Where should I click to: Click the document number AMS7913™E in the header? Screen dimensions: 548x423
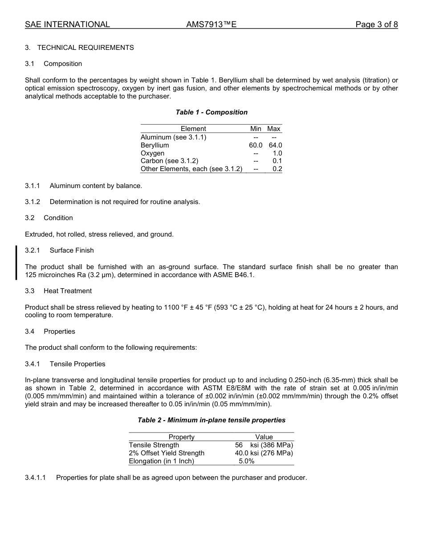(x=211, y=25)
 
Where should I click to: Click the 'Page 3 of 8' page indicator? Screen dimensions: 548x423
(x=376, y=25)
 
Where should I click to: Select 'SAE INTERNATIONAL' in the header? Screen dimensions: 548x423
(x=67, y=25)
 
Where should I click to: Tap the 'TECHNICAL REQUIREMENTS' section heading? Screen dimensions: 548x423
(x=85, y=48)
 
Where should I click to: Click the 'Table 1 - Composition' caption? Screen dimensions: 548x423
(x=211, y=112)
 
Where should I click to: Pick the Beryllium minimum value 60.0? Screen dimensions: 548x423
(x=256, y=145)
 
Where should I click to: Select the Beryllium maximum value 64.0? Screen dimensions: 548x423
(x=275, y=145)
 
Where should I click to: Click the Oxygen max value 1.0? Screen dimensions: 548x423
(x=277, y=153)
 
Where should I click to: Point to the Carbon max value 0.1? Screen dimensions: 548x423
(x=277, y=161)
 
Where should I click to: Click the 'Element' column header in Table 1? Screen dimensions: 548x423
(x=193, y=129)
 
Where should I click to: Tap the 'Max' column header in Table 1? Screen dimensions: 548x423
(x=274, y=129)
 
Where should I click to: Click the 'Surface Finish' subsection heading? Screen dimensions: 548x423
(x=72, y=250)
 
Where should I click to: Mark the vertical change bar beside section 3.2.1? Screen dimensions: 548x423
(x=16, y=262)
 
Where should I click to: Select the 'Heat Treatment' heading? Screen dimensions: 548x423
(x=68, y=291)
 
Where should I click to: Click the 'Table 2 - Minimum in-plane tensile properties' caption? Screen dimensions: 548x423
(x=211, y=420)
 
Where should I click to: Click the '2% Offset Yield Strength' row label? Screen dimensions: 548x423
(x=167, y=453)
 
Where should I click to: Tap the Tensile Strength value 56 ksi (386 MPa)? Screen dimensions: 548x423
(x=264, y=445)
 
